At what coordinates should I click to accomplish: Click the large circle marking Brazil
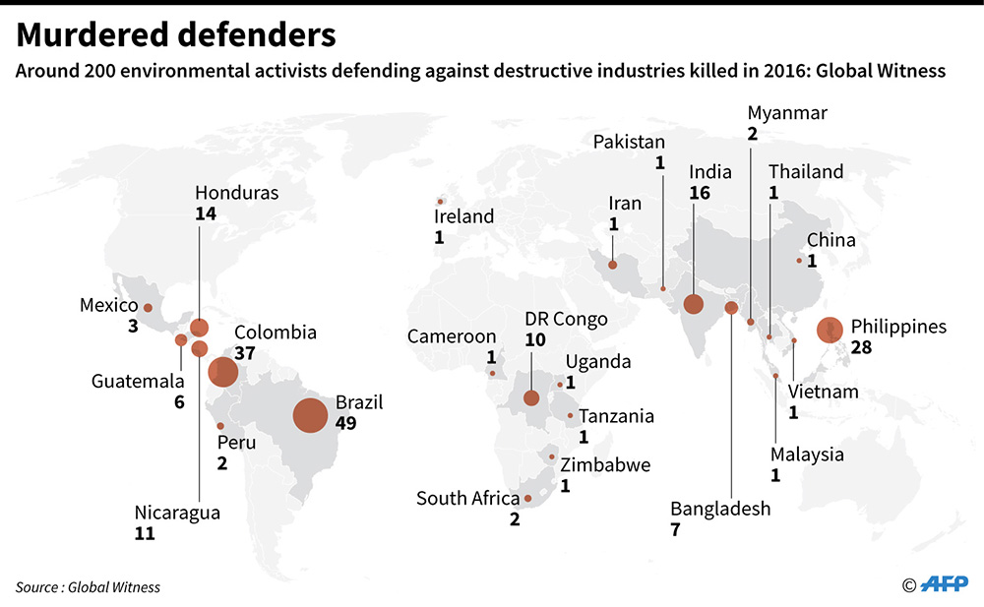[x=310, y=415]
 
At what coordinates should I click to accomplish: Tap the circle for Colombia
[x=222, y=372]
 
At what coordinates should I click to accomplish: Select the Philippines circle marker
[x=830, y=330]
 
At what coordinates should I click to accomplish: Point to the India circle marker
[x=694, y=304]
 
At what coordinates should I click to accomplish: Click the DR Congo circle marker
[x=531, y=397]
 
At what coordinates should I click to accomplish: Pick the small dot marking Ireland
[x=440, y=202]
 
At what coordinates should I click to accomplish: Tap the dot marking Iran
[x=612, y=264]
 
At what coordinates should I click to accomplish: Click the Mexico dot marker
[x=148, y=308]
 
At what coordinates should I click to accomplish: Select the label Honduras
[x=236, y=193]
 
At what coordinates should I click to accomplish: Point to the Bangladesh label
[x=720, y=509]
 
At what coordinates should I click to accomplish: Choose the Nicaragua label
[x=177, y=513]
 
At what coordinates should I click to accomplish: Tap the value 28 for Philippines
[x=863, y=347]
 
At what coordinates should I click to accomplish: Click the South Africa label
[x=467, y=499]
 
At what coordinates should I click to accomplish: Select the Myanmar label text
[x=787, y=112]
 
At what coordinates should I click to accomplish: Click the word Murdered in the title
[x=89, y=35]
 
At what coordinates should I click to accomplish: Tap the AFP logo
[x=944, y=585]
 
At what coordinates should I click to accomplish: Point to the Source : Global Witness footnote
[x=88, y=586]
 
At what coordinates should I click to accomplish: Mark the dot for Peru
[x=220, y=426]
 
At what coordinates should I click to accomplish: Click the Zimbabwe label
[x=605, y=464]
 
